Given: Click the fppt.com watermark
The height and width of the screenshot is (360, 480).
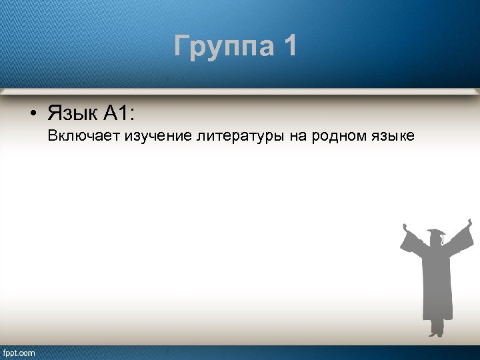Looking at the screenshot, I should click(19, 352).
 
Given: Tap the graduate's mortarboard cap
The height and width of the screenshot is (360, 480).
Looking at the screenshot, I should click(435, 233).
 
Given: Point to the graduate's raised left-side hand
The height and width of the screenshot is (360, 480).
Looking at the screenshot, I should click(404, 227).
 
